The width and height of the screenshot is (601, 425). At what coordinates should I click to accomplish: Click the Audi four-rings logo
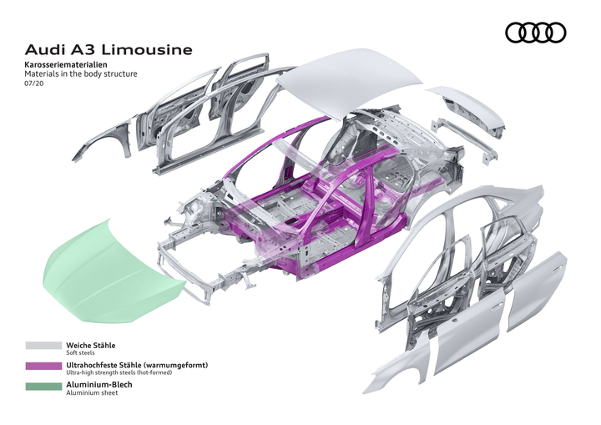[536, 33]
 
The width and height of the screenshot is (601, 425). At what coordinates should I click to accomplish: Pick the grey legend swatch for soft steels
[43, 345]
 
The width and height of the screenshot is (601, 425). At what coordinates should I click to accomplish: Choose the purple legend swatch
[43, 366]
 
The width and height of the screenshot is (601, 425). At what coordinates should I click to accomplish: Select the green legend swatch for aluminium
[43, 387]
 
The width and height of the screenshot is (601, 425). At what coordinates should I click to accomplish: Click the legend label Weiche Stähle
[91, 344]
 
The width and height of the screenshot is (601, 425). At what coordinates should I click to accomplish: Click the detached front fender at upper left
[104, 138]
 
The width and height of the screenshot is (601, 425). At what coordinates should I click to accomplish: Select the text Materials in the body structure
[81, 74]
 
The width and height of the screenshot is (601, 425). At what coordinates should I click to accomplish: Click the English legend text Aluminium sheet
[92, 393]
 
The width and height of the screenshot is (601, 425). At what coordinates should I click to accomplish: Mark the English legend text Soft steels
[82, 352]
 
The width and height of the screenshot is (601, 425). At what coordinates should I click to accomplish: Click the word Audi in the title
[44, 50]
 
